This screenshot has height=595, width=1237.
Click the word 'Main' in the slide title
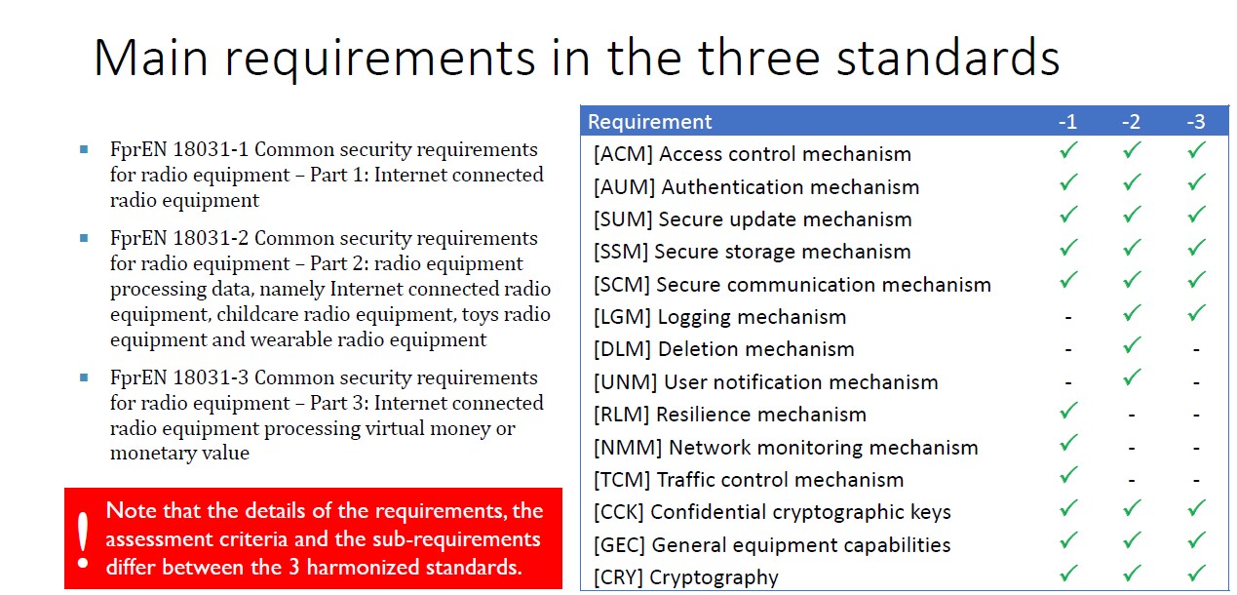[151, 58]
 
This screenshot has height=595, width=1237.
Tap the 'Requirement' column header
[649, 122]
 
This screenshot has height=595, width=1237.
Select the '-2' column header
[1131, 122]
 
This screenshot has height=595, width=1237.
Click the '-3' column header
[1196, 122]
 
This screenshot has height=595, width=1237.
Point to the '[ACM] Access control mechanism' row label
[753, 154]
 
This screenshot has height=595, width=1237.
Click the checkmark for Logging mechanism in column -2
[1132, 313]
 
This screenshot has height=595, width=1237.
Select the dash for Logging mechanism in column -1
[1068, 318]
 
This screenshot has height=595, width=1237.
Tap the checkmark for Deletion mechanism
[1132, 345]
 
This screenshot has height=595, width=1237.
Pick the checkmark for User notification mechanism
[1132, 377]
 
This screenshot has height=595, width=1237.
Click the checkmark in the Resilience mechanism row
[1068, 411]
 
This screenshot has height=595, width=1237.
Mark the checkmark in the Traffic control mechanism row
[1068, 475]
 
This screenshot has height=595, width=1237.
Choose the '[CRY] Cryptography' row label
[686, 577]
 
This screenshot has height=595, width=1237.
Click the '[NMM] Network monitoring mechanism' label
[786, 448]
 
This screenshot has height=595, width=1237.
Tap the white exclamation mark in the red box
[83, 540]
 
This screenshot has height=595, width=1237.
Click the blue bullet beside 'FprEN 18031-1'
[84, 149]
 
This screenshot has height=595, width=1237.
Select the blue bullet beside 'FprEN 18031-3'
[84, 377]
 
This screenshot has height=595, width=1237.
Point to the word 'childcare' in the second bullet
[254, 314]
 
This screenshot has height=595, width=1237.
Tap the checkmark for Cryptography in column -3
[1196, 573]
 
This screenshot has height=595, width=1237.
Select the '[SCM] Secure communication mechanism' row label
[792, 285]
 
